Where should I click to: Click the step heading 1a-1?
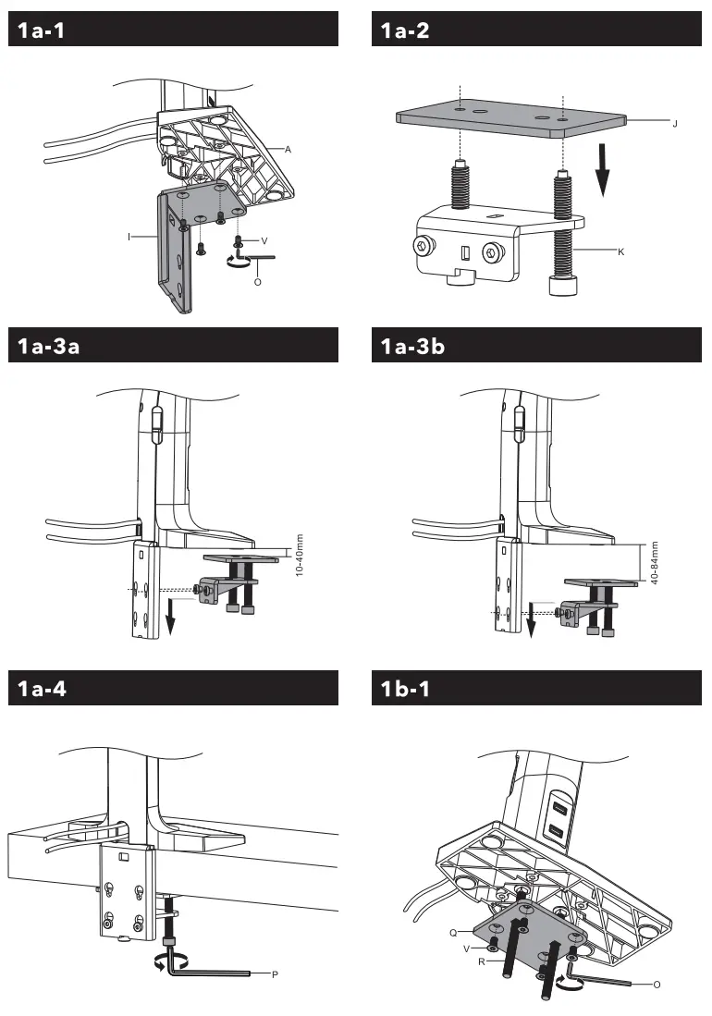[x=43, y=30]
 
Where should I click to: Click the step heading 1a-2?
[x=405, y=30]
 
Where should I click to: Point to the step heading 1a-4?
[x=43, y=690]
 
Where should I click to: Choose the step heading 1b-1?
[x=405, y=690]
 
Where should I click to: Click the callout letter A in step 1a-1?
[x=288, y=149]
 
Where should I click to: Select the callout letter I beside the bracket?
[x=129, y=237]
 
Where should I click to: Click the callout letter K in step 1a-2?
[x=620, y=252]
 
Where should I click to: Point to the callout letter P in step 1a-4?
[x=276, y=974]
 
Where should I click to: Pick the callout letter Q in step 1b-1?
[x=454, y=932]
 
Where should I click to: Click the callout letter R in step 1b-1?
[x=483, y=961]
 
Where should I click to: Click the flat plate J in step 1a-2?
[x=509, y=121]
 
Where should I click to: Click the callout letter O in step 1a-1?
[x=257, y=281]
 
